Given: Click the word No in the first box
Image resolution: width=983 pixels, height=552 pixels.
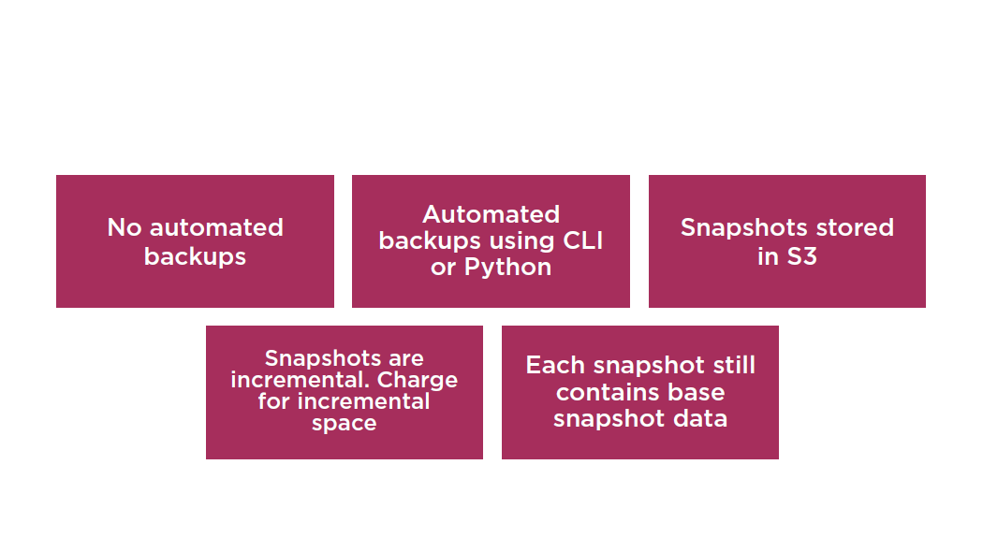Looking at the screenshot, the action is coord(125,227).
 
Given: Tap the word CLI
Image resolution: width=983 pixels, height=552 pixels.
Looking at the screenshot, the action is coord(583,240).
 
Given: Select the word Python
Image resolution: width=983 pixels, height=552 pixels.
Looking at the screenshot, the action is coord(507,268).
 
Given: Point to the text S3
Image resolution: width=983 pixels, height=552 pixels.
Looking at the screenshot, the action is coord(801,256).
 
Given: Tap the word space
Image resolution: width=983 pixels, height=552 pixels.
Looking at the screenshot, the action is coord(345,423).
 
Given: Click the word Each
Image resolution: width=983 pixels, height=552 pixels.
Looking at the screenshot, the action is coord(555,365).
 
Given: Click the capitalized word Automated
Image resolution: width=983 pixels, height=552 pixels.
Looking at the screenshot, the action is coord(491,214).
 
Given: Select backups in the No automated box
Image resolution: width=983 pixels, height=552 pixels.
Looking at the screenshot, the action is coord(195,256).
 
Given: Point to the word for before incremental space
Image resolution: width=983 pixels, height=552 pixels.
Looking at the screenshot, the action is coord(274,401).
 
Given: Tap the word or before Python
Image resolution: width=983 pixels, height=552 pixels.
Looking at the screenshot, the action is coord(443,269).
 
